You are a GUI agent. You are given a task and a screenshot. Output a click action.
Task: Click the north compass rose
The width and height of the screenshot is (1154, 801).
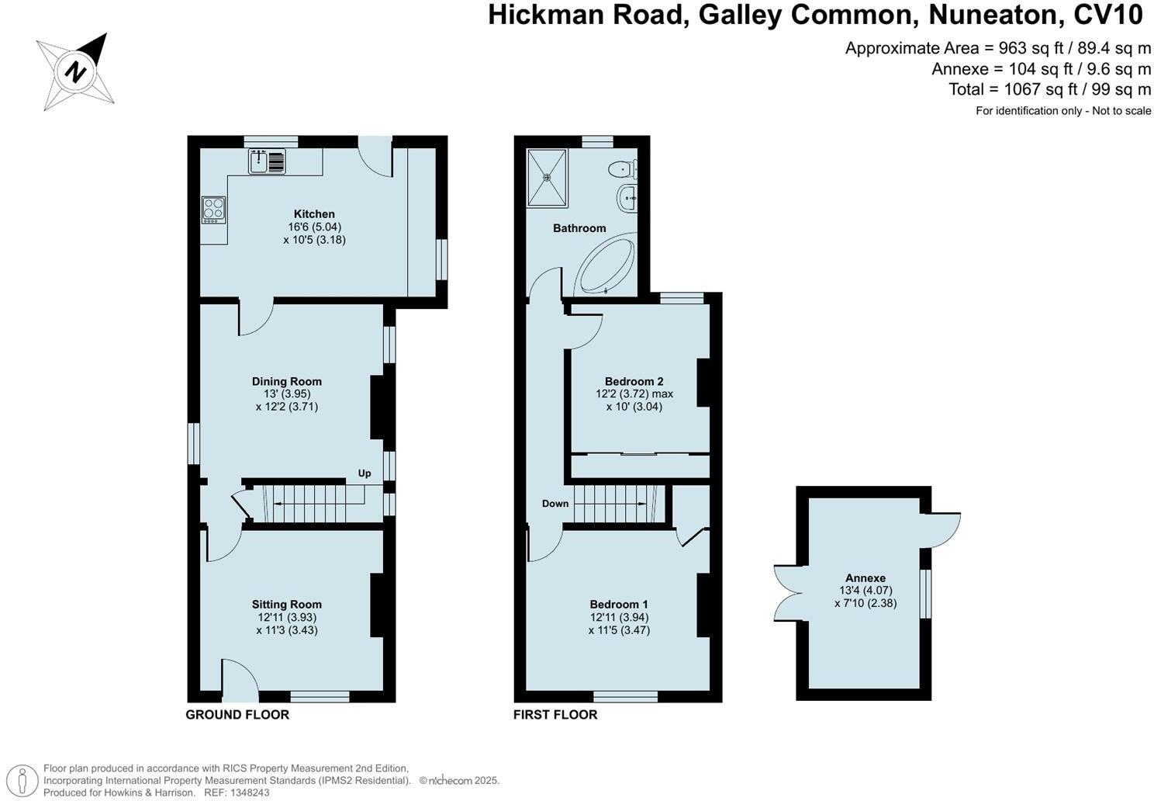click(75, 71)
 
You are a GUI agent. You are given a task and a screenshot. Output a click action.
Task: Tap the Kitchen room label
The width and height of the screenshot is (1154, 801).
click(314, 214)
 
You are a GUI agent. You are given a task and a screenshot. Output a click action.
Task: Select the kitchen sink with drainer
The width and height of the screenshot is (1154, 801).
click(267, 161)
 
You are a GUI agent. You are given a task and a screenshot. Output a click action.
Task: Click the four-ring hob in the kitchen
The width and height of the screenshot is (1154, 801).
click(213, 210)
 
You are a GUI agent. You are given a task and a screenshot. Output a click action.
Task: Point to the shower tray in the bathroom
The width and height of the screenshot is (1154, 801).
click(548, 178)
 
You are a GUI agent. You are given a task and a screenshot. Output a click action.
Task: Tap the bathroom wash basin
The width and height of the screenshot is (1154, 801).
click(628, 199)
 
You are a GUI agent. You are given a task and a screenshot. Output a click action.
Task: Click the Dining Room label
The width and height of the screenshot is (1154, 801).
click(286, 381)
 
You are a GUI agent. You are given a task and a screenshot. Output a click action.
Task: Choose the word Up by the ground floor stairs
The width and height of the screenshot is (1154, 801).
click(365, 473)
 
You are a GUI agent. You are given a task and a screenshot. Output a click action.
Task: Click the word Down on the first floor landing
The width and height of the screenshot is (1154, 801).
click(555, 504)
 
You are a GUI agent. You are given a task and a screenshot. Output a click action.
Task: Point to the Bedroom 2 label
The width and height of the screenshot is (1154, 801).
click(634, 381)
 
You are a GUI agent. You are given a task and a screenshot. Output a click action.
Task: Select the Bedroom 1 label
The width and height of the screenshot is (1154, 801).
click(619, 605)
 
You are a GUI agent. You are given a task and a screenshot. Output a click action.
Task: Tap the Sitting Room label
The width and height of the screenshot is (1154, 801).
click(286, 605)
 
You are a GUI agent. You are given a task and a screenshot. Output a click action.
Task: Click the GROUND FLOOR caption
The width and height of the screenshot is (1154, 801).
click(237, 715)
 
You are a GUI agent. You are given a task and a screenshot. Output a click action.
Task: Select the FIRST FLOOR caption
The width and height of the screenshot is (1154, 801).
click(555, 715)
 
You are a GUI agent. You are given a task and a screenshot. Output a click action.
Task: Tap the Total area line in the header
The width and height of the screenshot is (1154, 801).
click(1049, 89)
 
